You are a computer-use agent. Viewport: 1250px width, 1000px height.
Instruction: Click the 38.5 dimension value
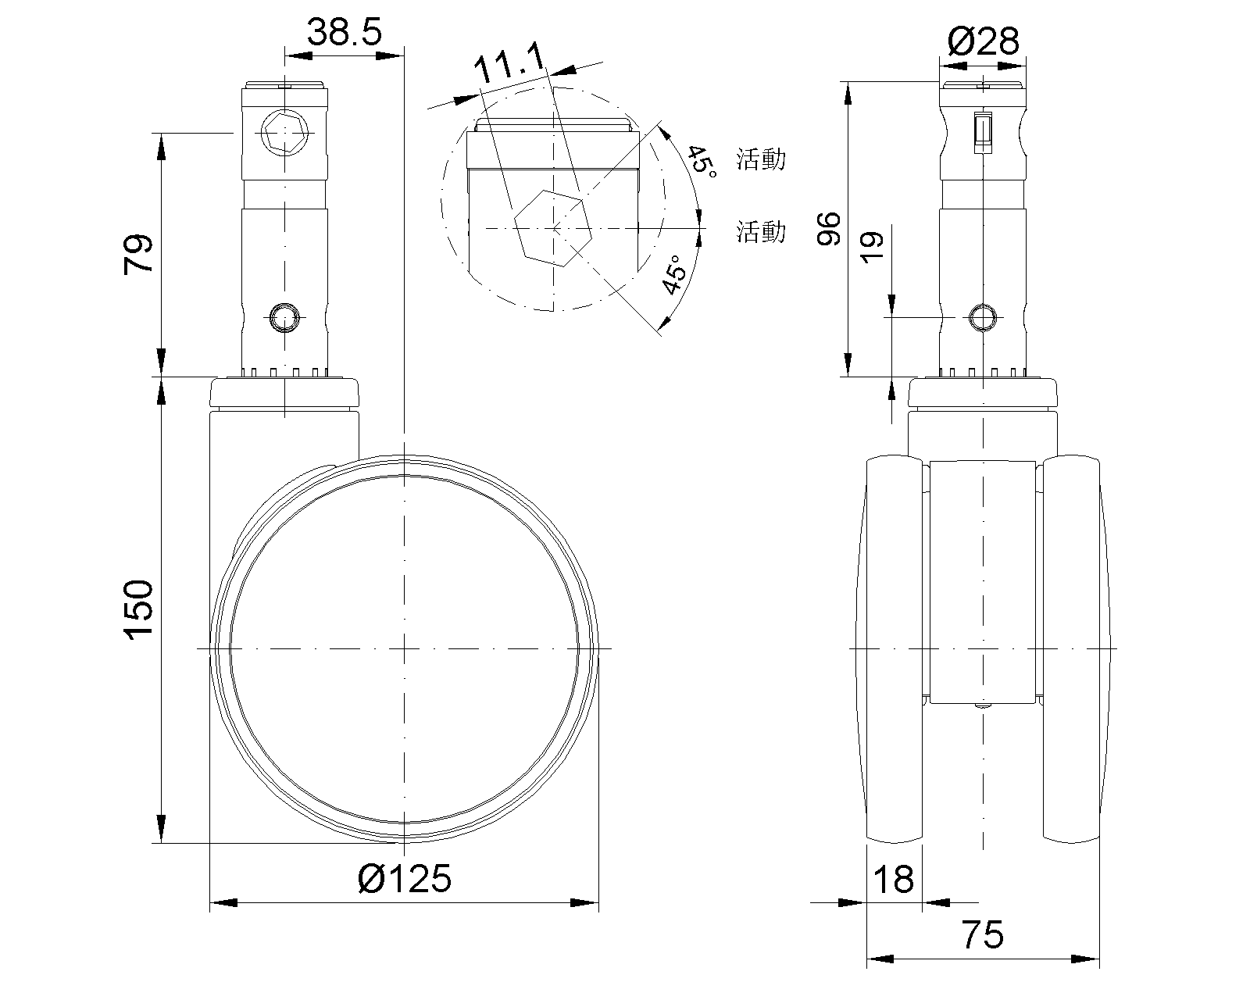point(345,32)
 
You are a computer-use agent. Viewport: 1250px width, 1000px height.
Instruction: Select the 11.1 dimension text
point(510,62)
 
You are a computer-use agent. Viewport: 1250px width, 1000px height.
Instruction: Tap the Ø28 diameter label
point(983,41)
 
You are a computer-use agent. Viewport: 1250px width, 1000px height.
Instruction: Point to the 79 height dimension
point(138,254)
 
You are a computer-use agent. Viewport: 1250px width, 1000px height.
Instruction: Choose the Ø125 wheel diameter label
point(404,879)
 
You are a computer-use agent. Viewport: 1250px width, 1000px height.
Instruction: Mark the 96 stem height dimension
point(829,229)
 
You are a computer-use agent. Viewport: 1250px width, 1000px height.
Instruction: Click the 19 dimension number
point(872,248)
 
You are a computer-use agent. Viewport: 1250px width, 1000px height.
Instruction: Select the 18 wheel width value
point(893,879)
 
